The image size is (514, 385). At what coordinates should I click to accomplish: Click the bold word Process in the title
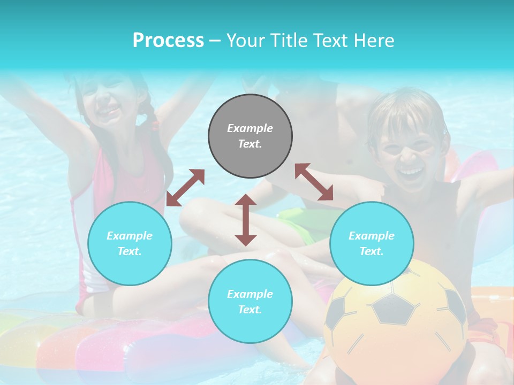168,41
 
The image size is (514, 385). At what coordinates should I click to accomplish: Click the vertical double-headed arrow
246,220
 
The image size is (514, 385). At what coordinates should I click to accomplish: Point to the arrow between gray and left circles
185,188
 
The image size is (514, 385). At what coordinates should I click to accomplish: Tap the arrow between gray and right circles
314,182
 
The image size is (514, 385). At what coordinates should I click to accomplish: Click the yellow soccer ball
396,321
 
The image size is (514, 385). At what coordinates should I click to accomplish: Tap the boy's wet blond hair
407,110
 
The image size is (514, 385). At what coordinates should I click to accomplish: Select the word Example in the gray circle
250,128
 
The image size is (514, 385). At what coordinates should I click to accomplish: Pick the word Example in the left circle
130,236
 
